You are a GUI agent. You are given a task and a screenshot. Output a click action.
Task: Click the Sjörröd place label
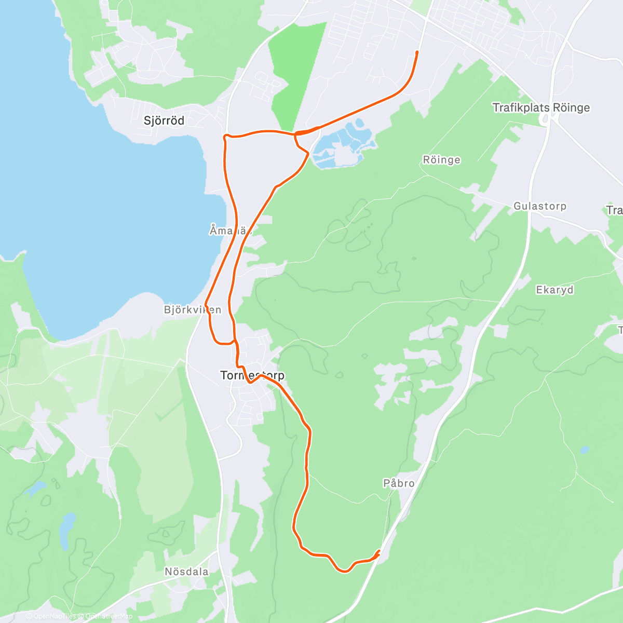point(164,121)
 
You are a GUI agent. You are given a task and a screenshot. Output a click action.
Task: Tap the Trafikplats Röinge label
point(541,108)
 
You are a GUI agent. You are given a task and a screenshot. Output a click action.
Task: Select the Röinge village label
point(441,160)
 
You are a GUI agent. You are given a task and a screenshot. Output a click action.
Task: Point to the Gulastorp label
point(539,206)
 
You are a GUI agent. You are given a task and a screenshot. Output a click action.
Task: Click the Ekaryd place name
point(554,290)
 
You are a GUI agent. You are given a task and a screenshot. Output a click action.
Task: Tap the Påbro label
point(399,483)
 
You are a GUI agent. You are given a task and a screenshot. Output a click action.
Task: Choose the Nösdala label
point(186,572)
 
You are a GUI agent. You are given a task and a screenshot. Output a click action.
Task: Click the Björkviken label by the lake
point(192,310)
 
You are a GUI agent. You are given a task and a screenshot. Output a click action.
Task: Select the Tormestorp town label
point(252,375)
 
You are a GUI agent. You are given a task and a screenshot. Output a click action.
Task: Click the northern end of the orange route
point(417,52)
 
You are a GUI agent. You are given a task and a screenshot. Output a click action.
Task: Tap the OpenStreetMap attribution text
point(109,616)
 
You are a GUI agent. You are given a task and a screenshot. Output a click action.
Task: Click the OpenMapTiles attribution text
point(55,616)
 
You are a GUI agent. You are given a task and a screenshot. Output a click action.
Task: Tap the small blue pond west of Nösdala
point(67,530)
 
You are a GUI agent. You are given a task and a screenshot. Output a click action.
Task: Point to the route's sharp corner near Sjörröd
point(225,136)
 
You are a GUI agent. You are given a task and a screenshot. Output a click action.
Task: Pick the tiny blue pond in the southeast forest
point(585,450)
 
